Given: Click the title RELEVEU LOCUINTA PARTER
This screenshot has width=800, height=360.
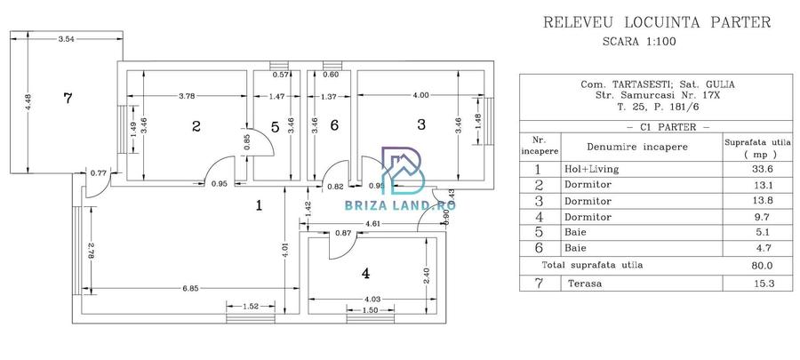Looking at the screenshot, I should pyautogui.click(x=656, y=22).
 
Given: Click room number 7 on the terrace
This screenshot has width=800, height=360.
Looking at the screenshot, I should pyautogui.click(x=67, y=98).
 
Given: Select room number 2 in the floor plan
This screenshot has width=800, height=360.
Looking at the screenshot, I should pyautogui.click(x=196, y=126).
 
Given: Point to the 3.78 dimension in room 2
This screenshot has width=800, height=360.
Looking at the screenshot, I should pyautogui.click(x=187, y=94).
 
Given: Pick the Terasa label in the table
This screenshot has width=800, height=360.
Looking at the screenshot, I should pyautogui.click(x=583, y=284).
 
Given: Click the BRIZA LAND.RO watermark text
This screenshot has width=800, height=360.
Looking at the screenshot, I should pyautogui.click(x=400, y=206).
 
